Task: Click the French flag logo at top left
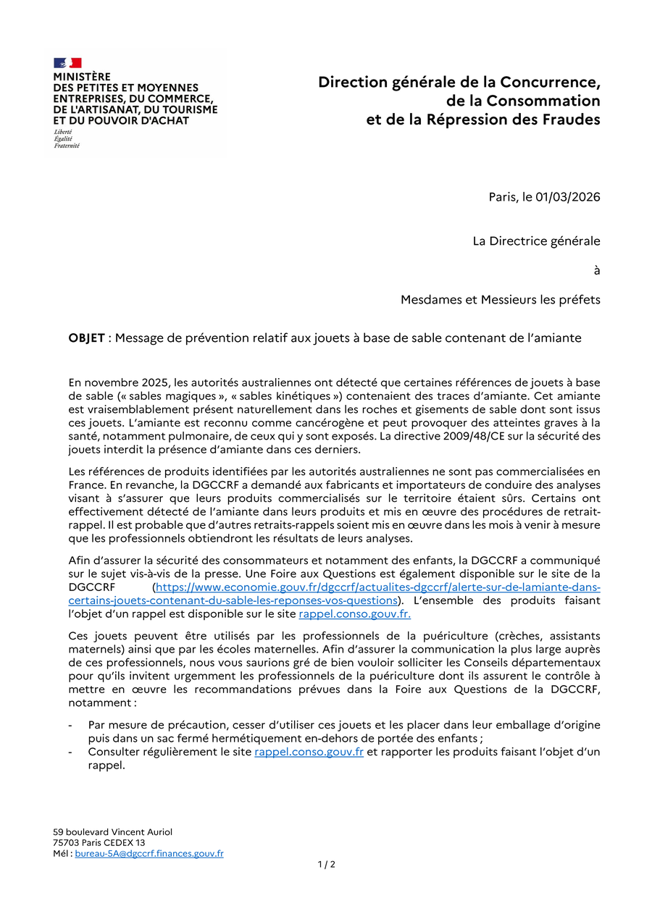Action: point(67,63)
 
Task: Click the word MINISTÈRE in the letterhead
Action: point(82,76)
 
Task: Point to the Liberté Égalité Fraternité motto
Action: point(67,138)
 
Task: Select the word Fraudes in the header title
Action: point(570,120)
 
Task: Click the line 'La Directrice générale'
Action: point(536,240)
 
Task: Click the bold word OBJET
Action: point(86,338)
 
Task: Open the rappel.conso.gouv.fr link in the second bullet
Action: point(309,752)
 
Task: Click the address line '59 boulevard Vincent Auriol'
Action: point(112,832)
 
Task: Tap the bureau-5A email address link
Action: point(149,854)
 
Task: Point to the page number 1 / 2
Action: point(326,864)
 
